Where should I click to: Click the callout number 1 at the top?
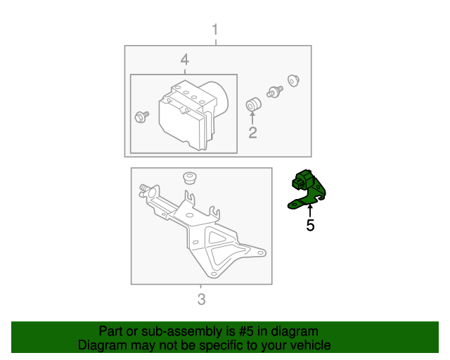point(216,30)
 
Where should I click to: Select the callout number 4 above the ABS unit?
point(184,58)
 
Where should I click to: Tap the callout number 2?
point(252,131)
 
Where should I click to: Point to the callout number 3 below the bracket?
point(201,300)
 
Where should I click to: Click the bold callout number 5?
point(309,226)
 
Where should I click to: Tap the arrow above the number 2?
point(252,117)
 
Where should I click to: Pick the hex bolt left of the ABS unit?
point(141,117)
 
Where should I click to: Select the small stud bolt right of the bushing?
point(274,91)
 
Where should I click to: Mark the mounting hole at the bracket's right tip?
point(261,252)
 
